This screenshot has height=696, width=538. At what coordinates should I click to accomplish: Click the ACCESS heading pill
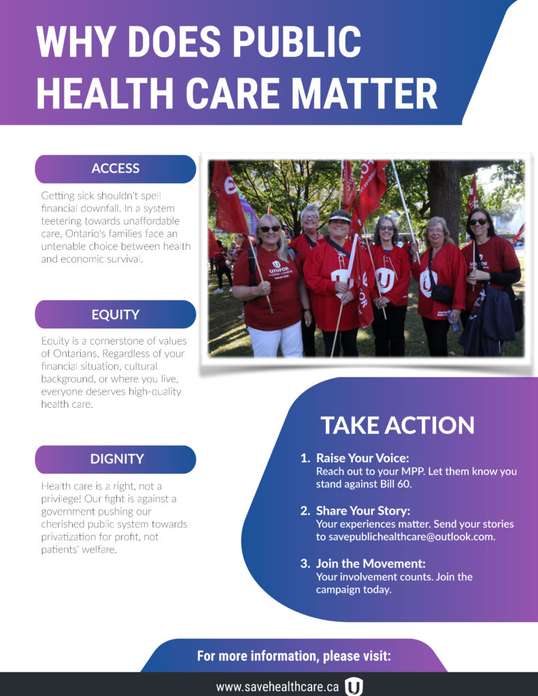(116, 169)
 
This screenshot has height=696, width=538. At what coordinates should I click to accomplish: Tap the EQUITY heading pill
(116, 314)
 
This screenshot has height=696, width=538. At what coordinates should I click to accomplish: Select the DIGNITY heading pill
(116, 459)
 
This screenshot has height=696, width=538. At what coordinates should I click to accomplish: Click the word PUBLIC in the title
(297, 41)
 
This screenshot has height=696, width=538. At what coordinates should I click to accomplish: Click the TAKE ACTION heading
(398, 425)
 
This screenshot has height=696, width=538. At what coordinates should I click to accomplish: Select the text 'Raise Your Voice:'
(363, 458)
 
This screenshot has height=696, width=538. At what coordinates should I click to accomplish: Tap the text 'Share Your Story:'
(363, 511)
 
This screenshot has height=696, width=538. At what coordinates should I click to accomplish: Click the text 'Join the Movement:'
(371, 563)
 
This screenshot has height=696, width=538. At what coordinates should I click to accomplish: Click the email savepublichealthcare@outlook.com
(411, 537)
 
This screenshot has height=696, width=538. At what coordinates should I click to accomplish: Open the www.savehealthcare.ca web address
(278, 686)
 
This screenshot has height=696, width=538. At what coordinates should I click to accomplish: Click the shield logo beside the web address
(354, 686)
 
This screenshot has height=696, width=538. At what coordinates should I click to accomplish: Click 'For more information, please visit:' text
(294, 656)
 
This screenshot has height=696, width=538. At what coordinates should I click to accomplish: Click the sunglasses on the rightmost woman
(478, 222)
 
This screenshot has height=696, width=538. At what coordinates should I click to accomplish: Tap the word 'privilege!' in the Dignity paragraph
(61, 499)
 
